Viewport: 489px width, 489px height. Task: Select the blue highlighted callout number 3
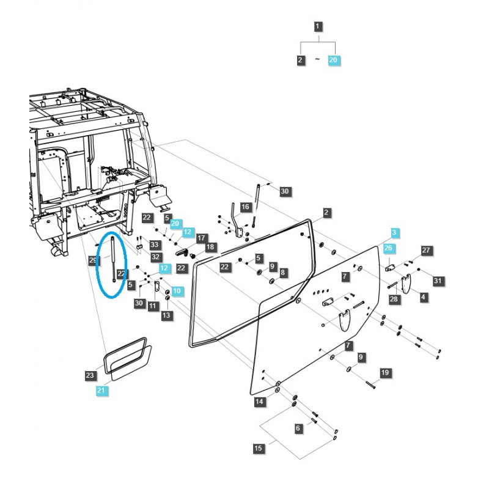pyautogui.click(x=395, y=233)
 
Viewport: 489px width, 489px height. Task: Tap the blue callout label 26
pyautogui.click(x=388, y=248)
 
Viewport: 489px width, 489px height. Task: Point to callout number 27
pyautogui.click(x=427, y=251)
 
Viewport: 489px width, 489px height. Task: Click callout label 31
pyautogui.click(x=436, y=281)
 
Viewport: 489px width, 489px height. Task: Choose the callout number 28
pyautogui.click(x=394, y=299)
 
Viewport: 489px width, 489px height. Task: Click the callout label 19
pyautogui.click(x=384, y=373)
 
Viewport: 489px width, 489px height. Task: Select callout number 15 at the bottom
pyautogui.click(x=258, y=449)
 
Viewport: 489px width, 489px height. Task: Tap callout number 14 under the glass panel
pyautogui.click(x=259, y=402)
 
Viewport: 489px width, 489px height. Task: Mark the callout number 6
pyautogui.click(x=298, y=428)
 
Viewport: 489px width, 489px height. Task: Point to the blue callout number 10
pyautogui.click(x=177, y=292)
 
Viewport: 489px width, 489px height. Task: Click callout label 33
pyautogui.click(x=155, y=245)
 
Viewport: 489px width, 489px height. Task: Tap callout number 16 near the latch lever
pyautogui.click(x=245, y=207)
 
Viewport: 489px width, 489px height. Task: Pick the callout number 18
pyautogui.click(x=210, y=247)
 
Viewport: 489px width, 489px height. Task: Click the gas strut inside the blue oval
pyautogui.click(x=113, y=260)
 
